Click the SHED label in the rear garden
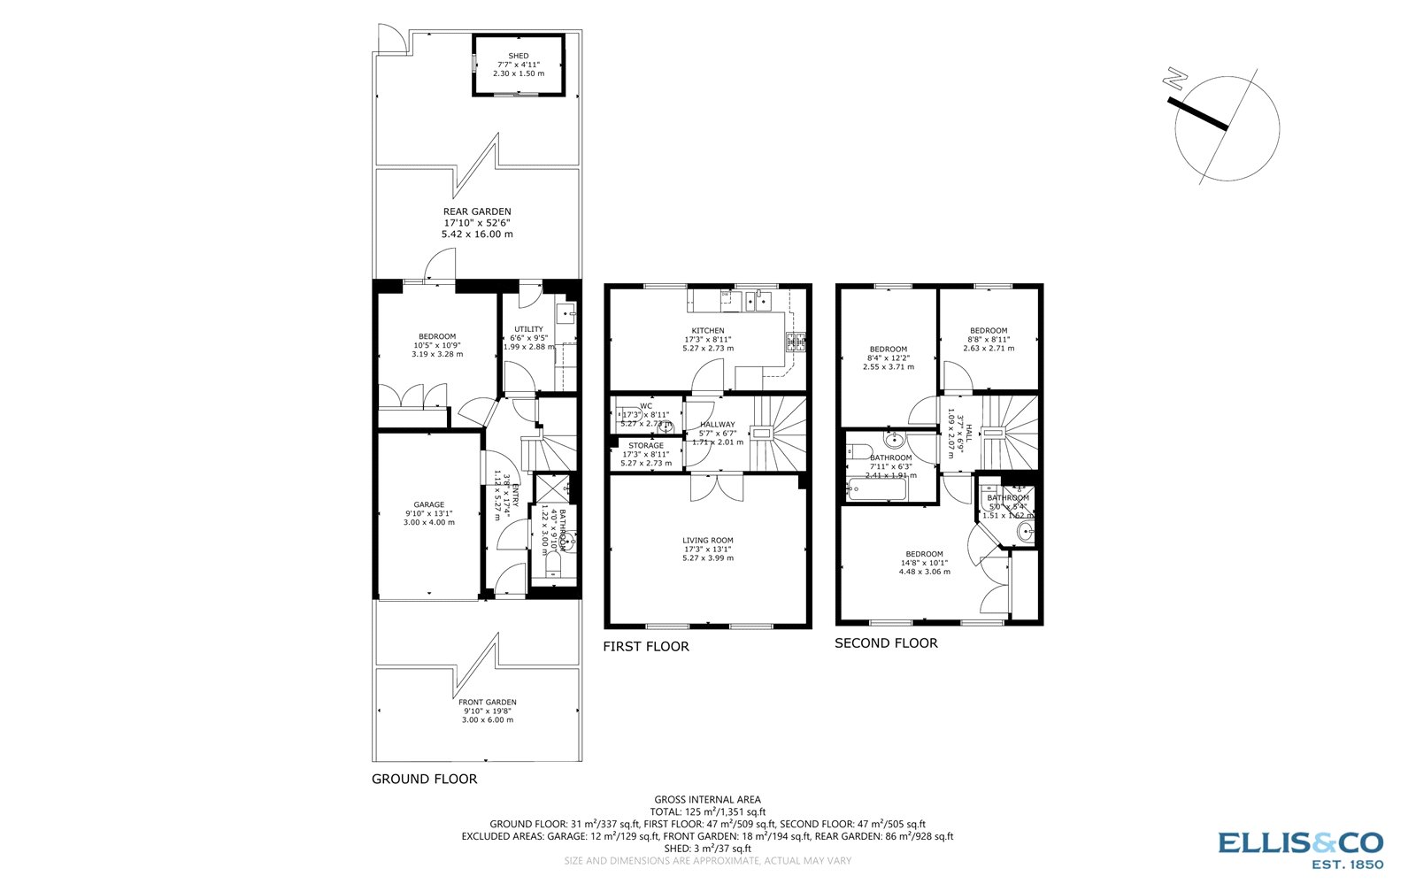518,56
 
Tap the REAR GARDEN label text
477,211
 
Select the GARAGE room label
429,504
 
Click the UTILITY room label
528,329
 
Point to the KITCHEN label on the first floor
707,331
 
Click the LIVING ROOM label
707,540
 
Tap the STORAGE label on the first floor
646,446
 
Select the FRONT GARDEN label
487,702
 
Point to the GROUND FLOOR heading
424,780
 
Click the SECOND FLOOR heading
886,643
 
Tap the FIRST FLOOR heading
645,647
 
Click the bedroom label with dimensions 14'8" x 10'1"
924,554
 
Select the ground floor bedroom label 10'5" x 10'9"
437,336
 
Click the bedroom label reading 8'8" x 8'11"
988,331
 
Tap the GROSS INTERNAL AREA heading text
707,800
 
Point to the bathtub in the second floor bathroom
876,488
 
